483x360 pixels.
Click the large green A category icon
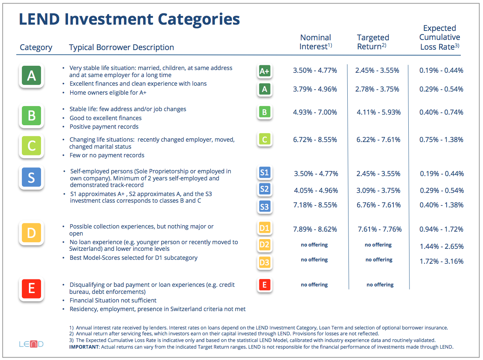pos(31,76)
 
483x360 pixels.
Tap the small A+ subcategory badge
pos(265,71)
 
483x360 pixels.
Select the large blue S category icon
pos(31,177)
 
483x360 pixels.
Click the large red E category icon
pos(31,289)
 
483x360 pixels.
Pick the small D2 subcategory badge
pos(265,245)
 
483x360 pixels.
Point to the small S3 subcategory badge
pos(265,207)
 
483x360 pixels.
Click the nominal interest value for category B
pos(315,112)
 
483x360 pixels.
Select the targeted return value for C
pos(378,139)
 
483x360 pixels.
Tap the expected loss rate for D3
pos(442,261)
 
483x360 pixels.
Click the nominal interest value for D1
pos(315,229)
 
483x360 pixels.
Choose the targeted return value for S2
pos(378,191)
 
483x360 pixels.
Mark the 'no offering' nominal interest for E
pos(314,284)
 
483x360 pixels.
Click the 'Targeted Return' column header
pos(373,42)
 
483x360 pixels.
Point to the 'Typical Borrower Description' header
pos(122,47)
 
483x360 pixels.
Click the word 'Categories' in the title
pos(199,20)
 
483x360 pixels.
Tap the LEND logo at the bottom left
pos(31,344)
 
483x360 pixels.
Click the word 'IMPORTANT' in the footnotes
pos(84,347)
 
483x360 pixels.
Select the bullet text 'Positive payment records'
pos(104,127)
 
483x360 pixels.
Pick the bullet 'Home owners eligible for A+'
pos(108,93)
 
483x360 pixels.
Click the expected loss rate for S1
pos(442,174)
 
